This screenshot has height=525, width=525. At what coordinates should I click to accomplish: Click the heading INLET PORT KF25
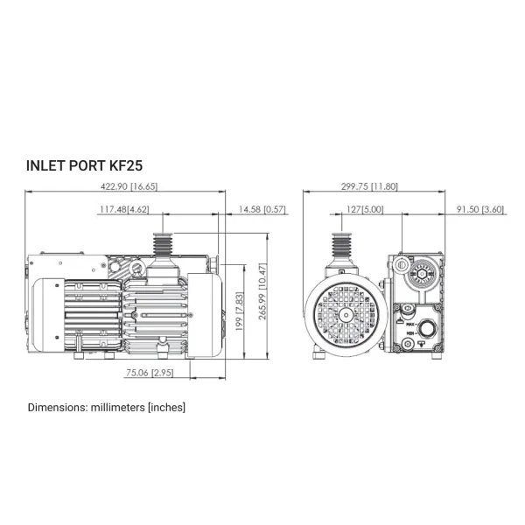point(84,165)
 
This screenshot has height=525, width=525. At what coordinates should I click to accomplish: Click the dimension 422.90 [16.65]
point(129,186)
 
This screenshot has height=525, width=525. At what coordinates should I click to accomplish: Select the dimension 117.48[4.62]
point(124,210)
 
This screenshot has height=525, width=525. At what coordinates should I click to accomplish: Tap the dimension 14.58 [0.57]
point(262,210)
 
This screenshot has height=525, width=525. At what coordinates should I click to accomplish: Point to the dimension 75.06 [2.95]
point(150,373)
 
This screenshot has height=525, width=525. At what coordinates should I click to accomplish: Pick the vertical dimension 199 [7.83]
point(240,311)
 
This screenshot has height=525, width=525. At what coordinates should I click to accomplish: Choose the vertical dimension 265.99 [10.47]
point(262,291)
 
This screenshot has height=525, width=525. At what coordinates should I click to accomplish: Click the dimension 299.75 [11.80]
point(369,186)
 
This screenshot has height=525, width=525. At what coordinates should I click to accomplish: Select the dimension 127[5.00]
point(365,210)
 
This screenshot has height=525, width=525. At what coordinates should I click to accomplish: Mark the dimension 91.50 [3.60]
point(480,210)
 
